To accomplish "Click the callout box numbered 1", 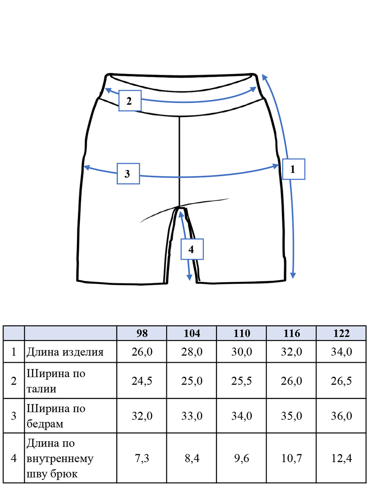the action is pos(294,169).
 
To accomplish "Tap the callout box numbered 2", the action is pos(130,101).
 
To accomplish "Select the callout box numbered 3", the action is pos(128,174).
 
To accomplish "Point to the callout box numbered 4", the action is pos(192,249).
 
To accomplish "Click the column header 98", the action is pos(142,333).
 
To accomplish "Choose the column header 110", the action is pos(242,333).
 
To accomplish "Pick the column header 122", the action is pos(341,333).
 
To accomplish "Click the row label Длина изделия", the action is pos(65,352).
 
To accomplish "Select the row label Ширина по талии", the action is pos(56,381).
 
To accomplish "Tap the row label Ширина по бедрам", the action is pos(56,416).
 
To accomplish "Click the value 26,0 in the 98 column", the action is pos(142,352).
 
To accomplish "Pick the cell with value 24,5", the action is pos(142,381).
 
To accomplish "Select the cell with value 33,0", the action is pos(192,416).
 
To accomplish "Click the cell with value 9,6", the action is pos(242,458).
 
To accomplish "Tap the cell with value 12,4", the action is pos(342,458).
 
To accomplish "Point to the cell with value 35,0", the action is pos(291,416).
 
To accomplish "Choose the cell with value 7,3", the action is pos(142,458).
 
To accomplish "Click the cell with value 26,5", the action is pos(342,381).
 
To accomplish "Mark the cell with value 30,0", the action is pos(242,352).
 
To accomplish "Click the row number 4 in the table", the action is pos(14,458).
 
